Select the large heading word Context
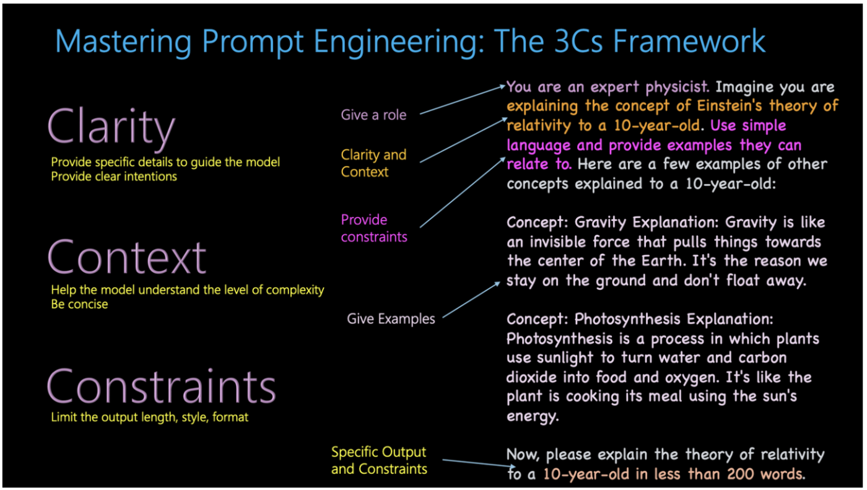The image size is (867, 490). (x=126, y=257)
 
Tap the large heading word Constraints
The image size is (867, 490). (x=161, y=387)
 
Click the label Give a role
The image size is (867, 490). (x=373, y=115)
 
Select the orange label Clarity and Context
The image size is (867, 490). (x=373, y=163)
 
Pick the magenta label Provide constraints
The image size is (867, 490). (x=373, y=228)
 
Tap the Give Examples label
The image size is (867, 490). (x=391, y=319)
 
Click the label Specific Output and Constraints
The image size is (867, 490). (x=379, y=460)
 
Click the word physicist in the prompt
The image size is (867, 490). (x=675, y=87)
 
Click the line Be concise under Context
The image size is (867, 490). (x=79, y=304)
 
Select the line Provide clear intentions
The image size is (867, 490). (x=114, y=177)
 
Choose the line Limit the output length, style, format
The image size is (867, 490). (x=149, y=417)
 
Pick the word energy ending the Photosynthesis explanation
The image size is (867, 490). (x=532, y=416)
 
